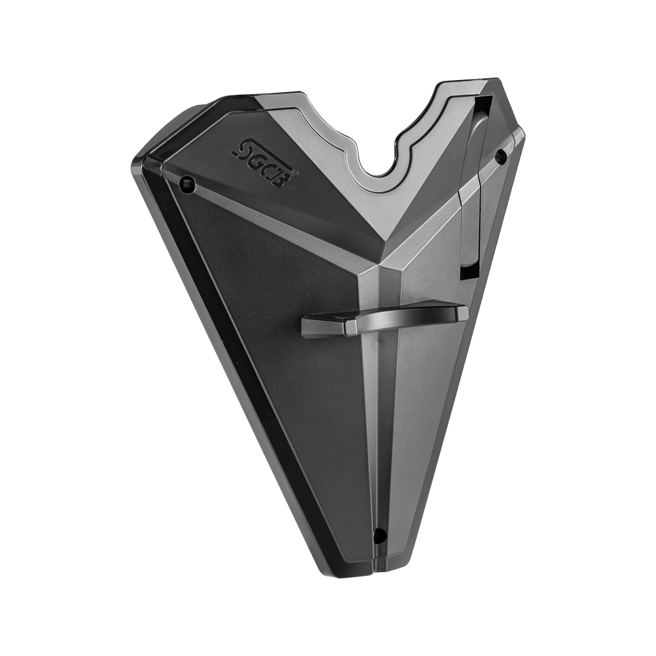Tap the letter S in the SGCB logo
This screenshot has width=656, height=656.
click(240, 147)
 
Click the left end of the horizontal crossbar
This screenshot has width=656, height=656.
click(303, 325)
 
